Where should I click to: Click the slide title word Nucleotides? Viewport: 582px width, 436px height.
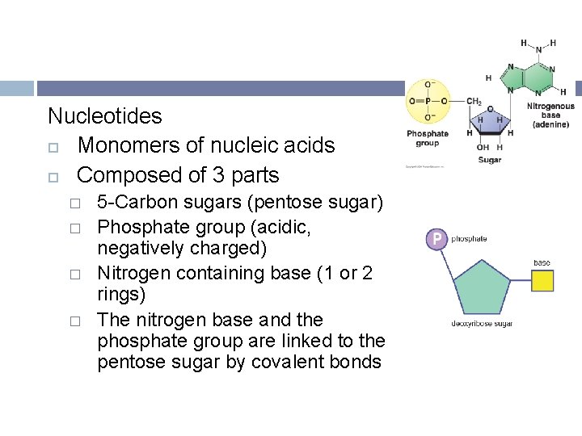click(105, 116)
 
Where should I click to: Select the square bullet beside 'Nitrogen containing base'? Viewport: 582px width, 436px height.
click(74, 274)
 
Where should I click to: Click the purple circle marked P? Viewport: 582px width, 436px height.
click(436, 239)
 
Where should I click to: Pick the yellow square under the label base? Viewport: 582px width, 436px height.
click(542, 281)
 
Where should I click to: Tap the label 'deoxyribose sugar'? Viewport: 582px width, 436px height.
click(482, 325)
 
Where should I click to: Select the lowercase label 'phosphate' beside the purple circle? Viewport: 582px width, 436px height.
click(469, 239)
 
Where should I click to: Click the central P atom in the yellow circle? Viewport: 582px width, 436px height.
click(428, 101)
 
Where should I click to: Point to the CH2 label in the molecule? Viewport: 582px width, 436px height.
click(474, 102)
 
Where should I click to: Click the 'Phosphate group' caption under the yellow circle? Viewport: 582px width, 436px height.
click(428, 138)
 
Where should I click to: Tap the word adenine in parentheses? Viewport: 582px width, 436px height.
click(550, 124)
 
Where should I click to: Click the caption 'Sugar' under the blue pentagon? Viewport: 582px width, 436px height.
click(489, 160)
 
